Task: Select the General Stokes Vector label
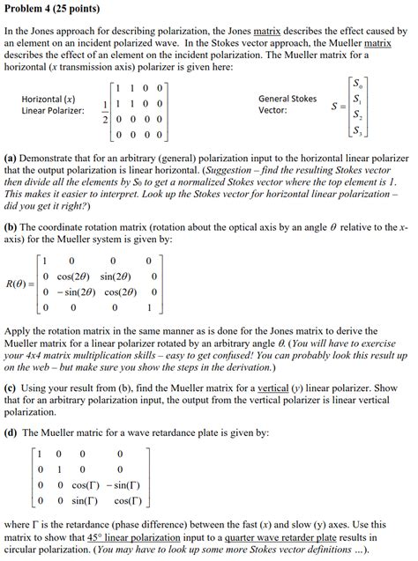pos(287,105)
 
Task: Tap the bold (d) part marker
pos(11,432)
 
